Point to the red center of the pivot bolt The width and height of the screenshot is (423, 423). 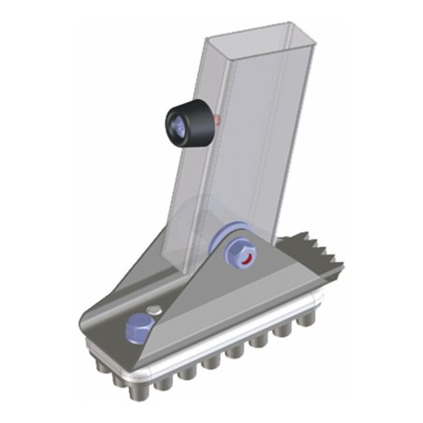pyautogui.click(x=246, y=257)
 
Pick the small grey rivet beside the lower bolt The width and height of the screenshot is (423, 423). pyautogui.click(x=158, y=310)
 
